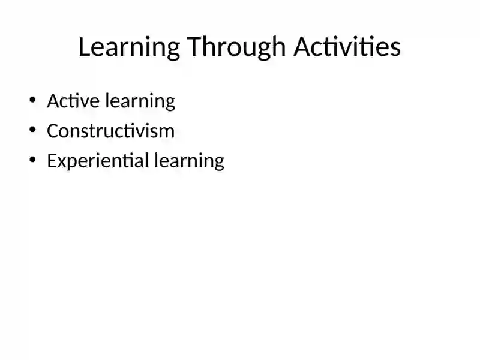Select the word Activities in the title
click(x=347, y=47)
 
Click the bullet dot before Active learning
click(x=32, y=100)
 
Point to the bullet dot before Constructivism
click(x=32, y=130)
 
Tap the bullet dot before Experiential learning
click(x=32, y=160)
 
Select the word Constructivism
click(x=110, y=130)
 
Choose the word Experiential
click(x=97, y=161)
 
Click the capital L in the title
click(x=85, y=47)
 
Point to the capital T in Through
click(x=193, y=47)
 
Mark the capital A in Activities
click(x=302, y=47)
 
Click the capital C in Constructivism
click(x=52, y=130)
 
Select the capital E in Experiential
click(x=51, y=160)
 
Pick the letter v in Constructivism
click(x=143, y=132)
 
